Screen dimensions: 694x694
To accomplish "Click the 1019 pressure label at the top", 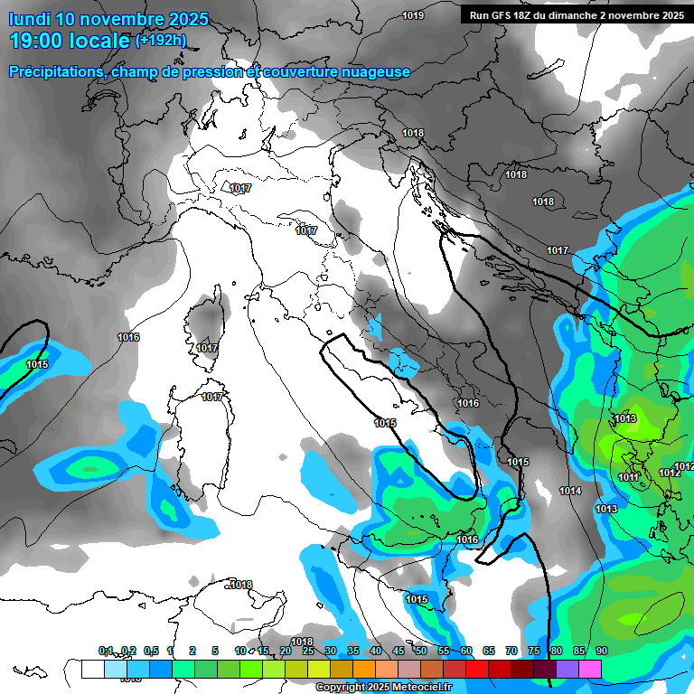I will click(413, 15).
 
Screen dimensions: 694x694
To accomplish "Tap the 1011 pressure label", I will click(629, 477).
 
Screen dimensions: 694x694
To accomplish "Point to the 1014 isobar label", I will click(569, 491).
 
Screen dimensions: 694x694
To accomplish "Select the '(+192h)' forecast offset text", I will click(163, 40).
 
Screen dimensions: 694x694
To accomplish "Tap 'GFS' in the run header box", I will click(503, 15).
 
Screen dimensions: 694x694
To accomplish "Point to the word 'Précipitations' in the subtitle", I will click(54, 71).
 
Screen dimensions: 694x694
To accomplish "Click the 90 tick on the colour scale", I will click(601, 651).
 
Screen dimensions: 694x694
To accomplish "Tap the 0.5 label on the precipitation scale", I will click(151, 651).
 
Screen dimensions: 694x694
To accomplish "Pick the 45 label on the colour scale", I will click(398, 651).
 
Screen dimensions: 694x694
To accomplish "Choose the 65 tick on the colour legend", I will click(488, 651).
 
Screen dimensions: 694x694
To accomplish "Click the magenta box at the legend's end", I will click(590, 669).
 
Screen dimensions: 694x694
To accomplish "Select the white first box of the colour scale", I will click(92, 669).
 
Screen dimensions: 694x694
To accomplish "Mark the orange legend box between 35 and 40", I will click(364, 669).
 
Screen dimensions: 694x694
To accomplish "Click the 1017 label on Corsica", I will click(207, 348).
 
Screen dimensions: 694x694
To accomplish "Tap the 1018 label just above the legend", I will click(301, 642).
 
